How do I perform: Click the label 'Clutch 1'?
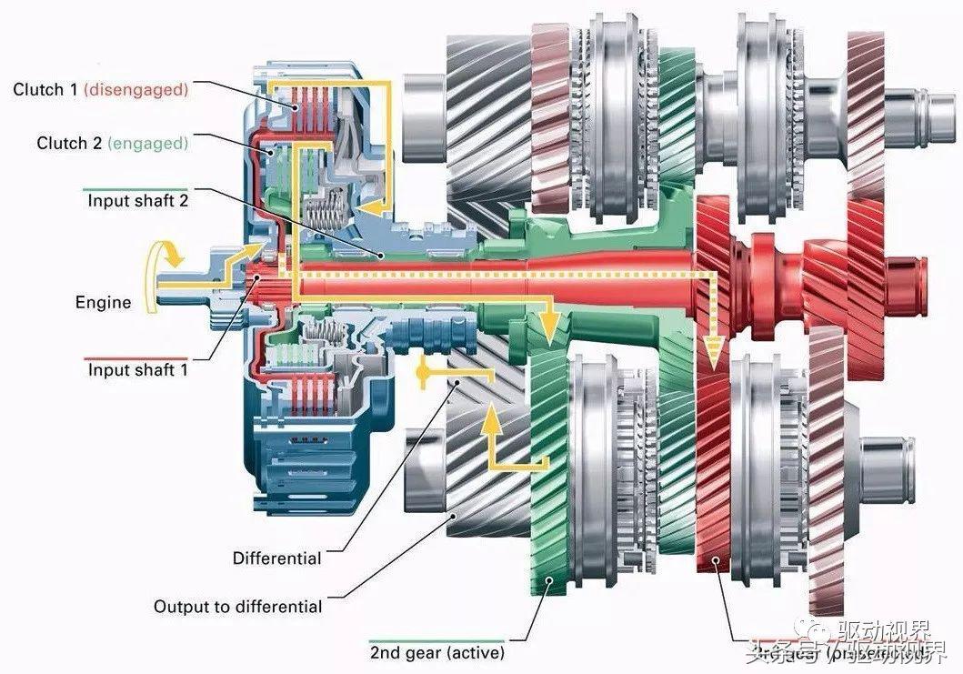[x=45, y=89]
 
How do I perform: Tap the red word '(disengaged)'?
[x=135, y=89]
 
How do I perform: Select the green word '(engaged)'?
[x=147, y=143]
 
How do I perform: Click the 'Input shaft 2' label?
[x=137, y=201]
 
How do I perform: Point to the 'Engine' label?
[x=103, y=302]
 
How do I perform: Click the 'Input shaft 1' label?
[x=137, y=370]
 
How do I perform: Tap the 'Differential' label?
[x=276, y=558]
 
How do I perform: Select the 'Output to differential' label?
[x=237, y=606]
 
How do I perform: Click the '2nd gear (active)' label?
[x=436, y=652]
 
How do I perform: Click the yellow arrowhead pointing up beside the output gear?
[x=491, y=419]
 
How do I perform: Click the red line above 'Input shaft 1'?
[x=136, y=357]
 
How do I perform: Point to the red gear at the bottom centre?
[x=713, y=473]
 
